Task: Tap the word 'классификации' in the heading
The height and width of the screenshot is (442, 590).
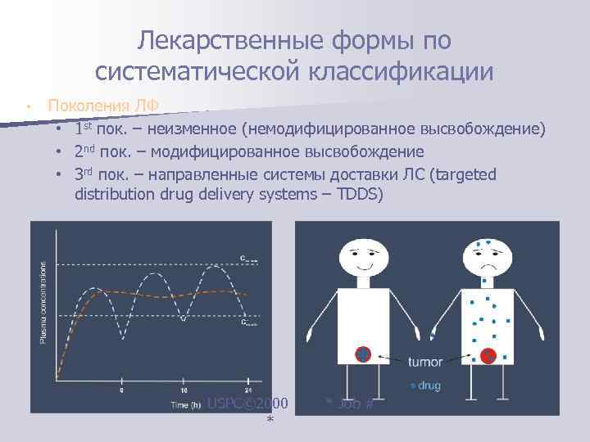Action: [x=401, y=71]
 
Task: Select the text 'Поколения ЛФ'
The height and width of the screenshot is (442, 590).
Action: [x=102, y=106]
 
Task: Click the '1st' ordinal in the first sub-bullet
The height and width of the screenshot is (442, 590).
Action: [x=82, y=129]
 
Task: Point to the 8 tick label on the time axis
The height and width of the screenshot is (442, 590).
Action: [x=123, y=390]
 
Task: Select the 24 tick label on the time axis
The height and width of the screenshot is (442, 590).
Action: [x=248, y=390]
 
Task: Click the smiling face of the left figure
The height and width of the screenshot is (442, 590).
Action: [x=361, y=252]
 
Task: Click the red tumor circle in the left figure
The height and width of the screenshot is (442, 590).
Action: [x=363, y=354]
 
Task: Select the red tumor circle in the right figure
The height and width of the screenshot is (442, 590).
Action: [x=488, y=355]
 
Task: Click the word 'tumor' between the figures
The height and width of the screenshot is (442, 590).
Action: [x=426, y=360]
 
